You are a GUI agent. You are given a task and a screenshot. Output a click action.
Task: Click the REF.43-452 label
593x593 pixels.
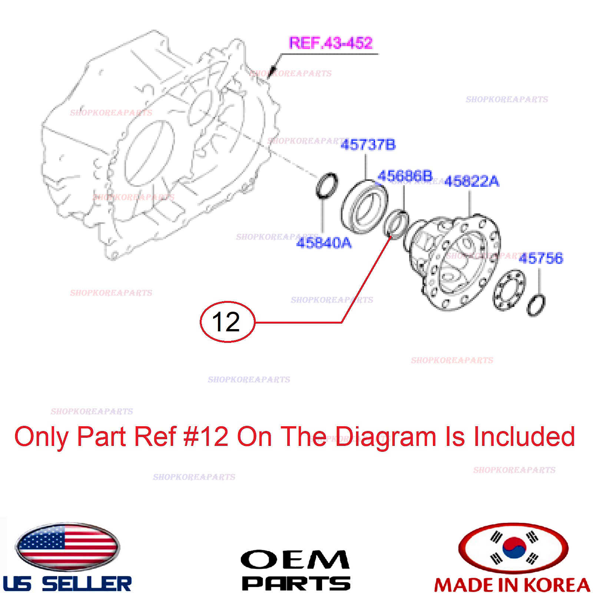pos(330,43)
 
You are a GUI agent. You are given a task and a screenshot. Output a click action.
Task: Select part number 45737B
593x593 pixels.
pos(368,145)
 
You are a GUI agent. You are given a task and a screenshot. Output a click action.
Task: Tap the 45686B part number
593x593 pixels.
pos(405,176)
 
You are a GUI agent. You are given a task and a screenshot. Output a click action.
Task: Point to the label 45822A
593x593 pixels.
pos(471,182)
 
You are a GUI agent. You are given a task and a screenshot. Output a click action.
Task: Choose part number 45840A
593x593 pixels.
pos(324,243)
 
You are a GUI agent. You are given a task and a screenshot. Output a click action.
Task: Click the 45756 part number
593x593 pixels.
pos(540,258)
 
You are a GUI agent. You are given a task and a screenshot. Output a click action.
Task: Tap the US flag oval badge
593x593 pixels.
pos(67,547)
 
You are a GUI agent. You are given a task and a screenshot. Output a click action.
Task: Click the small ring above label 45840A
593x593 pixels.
pos(327,185)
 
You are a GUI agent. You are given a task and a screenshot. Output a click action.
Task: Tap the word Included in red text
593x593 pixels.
pos(526,437)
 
